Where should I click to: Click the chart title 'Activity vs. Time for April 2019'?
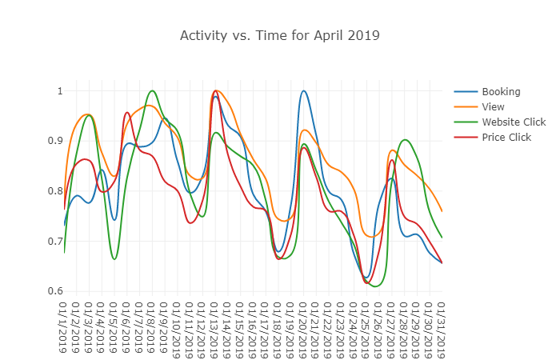point(279,35)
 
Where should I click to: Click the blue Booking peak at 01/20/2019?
point(303,91)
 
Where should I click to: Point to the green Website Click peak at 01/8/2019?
point(152,91)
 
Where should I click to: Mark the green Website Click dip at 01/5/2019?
point(114,259)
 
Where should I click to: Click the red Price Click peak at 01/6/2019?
point(127,113)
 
